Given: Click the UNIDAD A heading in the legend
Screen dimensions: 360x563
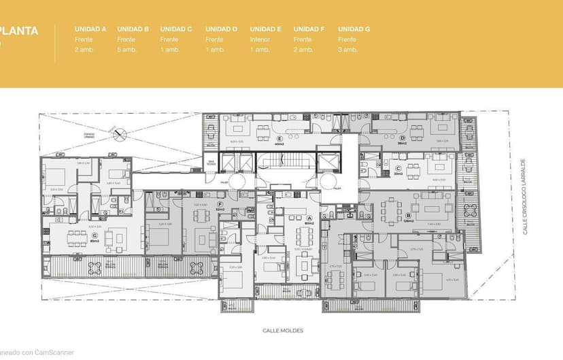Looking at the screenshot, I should point(90,29).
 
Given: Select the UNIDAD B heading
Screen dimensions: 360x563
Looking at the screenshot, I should point(133,29).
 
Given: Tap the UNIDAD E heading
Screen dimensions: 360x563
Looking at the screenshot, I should point(265,29).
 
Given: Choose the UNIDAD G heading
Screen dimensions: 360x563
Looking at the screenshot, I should point(354,29).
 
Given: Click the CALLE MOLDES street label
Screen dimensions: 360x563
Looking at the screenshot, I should point(283,331).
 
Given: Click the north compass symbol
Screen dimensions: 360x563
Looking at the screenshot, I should point(120,134).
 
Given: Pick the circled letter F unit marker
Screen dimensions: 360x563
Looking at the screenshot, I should point(219,204).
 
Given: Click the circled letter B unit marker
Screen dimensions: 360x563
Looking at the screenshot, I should point(408,215).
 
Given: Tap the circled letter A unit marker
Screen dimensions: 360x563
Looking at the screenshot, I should point(309,218).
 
